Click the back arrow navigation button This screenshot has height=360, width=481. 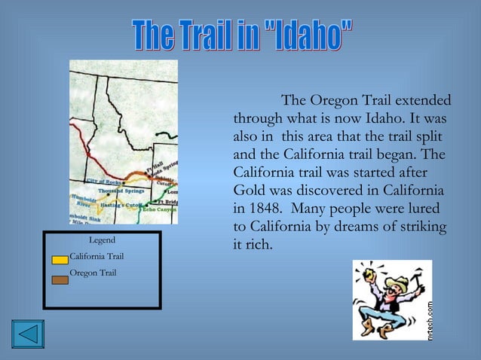tap(28, 334)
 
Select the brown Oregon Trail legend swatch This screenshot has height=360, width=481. tap(60, 279)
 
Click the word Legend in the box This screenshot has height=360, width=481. tap(102, 240)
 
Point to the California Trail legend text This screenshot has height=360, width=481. tap(97, 257)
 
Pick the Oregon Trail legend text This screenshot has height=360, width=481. tap(93, 272)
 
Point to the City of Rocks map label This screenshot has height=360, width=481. tap(103, 182)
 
